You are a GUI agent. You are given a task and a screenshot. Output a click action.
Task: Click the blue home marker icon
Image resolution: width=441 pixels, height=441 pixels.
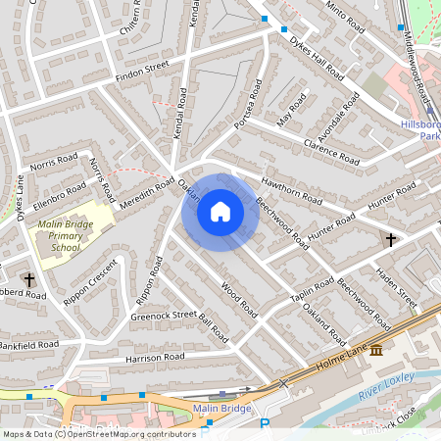tap(220, 212)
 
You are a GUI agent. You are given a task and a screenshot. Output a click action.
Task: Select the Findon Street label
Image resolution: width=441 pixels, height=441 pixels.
tap(142, 70)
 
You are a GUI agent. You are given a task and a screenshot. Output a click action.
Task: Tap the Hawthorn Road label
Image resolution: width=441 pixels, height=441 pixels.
tap(292, 190)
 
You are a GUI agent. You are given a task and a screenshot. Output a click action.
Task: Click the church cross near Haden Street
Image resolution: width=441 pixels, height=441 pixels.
tap(391, 239)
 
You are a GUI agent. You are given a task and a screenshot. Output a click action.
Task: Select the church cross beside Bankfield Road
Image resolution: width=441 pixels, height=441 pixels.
tap(29, 280)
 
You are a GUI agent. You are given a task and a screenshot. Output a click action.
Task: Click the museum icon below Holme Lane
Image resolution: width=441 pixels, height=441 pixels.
tap(376, 350)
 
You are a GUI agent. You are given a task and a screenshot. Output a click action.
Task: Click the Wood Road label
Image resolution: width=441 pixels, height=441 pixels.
tap(239, 300)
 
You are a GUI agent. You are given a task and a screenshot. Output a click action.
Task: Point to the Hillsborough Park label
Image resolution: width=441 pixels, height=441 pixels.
tap(421, 131)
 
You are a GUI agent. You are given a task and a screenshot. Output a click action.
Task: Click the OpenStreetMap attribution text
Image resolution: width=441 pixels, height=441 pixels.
tap(99, 433)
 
